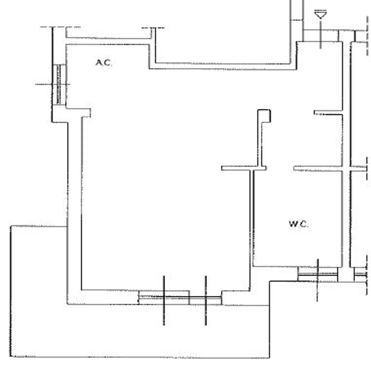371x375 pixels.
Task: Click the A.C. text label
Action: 104,63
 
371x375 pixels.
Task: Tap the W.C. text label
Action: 299,224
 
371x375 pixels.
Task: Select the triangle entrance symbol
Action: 320,14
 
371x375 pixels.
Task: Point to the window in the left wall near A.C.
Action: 59,84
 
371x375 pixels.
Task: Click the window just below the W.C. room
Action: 318,274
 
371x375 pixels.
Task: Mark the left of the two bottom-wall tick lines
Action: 164,300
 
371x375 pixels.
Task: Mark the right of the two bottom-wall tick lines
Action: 206,300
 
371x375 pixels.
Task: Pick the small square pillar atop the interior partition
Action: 264,116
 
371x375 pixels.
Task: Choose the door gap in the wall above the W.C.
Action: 280,168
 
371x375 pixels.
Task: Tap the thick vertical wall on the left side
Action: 74,212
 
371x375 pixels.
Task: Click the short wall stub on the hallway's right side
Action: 328,112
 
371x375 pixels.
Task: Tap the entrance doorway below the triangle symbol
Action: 320,36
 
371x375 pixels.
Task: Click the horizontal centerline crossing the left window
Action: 52,84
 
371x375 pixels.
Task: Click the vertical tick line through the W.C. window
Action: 318,280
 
